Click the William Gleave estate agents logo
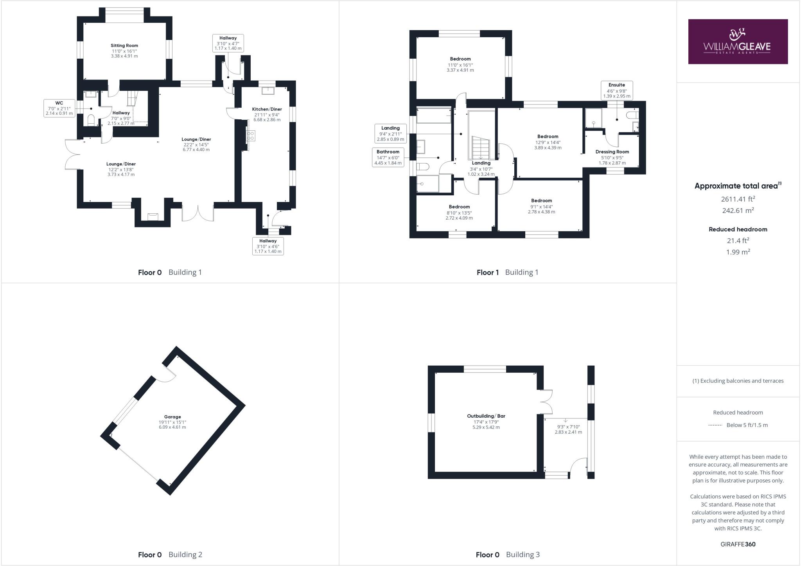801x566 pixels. pos(738,41)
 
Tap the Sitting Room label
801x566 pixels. pos(124,46)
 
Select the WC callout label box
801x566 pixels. pos(59,108)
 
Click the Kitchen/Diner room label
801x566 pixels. pos(267,109)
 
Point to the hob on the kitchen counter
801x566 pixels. pos(250,135)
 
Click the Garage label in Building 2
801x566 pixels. pos(172,417)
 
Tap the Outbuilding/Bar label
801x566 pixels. pos(486,416)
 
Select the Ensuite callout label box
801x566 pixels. pos(617,90)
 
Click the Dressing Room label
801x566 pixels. pos(612,152)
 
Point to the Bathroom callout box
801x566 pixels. pos(388,157)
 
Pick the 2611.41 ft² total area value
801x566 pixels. pos(738,199)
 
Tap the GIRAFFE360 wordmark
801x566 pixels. pos(738,544)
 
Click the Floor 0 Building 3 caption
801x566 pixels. pos(508,554)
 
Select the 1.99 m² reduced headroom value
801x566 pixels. pos(738,252)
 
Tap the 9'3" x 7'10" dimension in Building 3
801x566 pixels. pos(568,427)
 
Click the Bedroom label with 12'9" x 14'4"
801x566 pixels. pos(548,137)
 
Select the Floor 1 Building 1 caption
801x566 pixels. pos(507,272)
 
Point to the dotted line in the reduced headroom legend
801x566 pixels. pos(715,425)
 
